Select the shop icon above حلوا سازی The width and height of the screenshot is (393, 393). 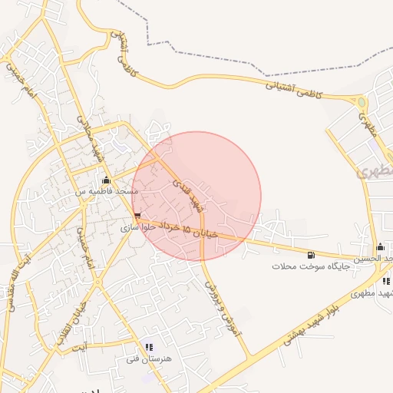137,216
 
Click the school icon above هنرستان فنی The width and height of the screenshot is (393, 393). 149,348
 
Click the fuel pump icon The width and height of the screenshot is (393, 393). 310,255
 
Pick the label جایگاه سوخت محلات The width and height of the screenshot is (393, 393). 310,266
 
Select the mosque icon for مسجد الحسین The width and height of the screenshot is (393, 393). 380,247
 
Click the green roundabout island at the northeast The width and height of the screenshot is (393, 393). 362,102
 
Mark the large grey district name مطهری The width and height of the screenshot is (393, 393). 373,167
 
